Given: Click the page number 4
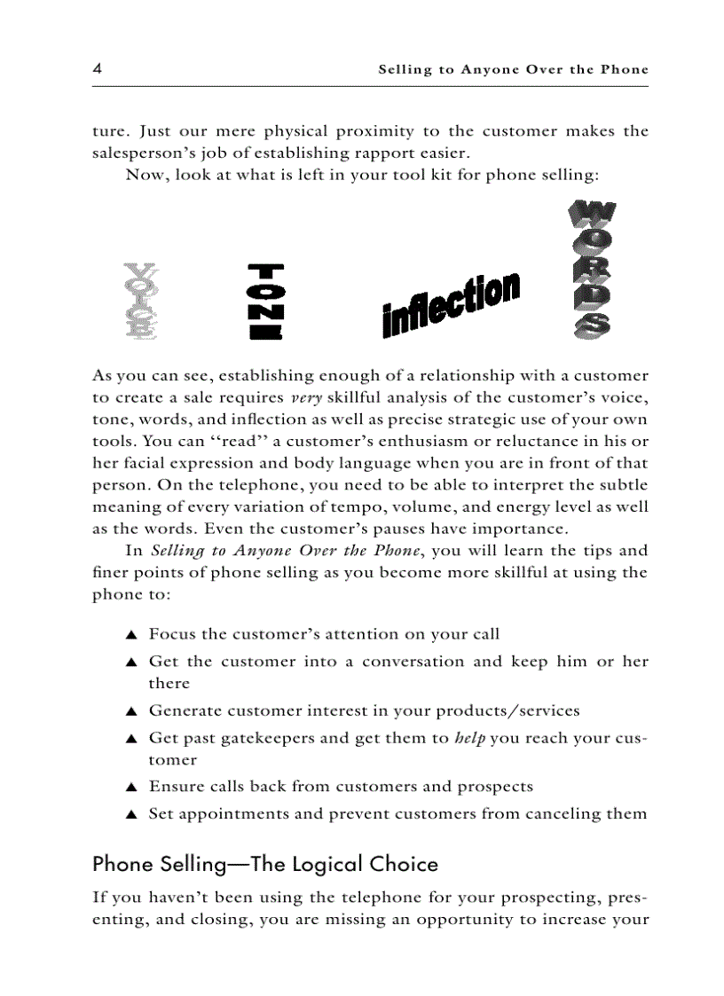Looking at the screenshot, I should coord(98,69).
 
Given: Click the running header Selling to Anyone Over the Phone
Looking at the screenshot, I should coord(513,69).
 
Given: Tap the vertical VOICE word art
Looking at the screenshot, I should coord(141,302).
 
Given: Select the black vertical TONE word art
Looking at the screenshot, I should coord(266,302).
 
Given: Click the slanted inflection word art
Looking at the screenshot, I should coord(451,304).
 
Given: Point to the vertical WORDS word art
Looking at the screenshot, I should coord(589,269).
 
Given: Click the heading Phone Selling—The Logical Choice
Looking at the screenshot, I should coord(265,863).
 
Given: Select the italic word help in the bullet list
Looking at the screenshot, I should coord(469,738).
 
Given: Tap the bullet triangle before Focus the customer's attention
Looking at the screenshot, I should coord(130,635).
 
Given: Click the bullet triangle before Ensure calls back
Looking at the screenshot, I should coord(130,788).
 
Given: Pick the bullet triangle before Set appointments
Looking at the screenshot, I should coord(130,814).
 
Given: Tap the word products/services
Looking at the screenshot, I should coord(508,710).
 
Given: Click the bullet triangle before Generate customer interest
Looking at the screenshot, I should coord(130,711).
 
